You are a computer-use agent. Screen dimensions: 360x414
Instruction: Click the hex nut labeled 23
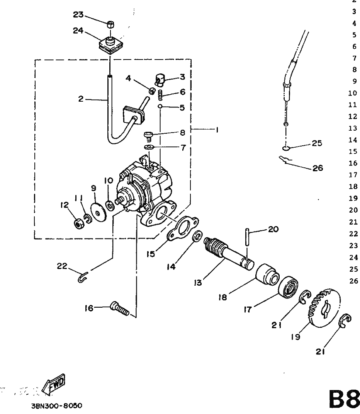point(110,25)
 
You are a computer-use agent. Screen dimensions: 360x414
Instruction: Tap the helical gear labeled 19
point(324,306)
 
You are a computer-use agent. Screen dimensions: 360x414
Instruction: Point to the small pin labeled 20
point(247,237)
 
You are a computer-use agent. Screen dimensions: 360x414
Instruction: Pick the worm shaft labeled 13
point(229,253)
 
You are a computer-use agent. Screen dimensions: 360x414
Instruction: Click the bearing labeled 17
point(289,287)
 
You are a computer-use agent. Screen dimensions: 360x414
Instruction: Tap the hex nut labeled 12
point(79,224)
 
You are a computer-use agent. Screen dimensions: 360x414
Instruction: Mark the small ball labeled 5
point(160,106)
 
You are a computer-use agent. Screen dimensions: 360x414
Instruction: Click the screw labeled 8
point(148,136)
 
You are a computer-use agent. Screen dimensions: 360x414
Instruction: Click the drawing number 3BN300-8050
point(56,405)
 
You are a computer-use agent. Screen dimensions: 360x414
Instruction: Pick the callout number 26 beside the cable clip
point(318,168)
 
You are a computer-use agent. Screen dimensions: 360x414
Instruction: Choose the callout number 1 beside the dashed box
point(217,130)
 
